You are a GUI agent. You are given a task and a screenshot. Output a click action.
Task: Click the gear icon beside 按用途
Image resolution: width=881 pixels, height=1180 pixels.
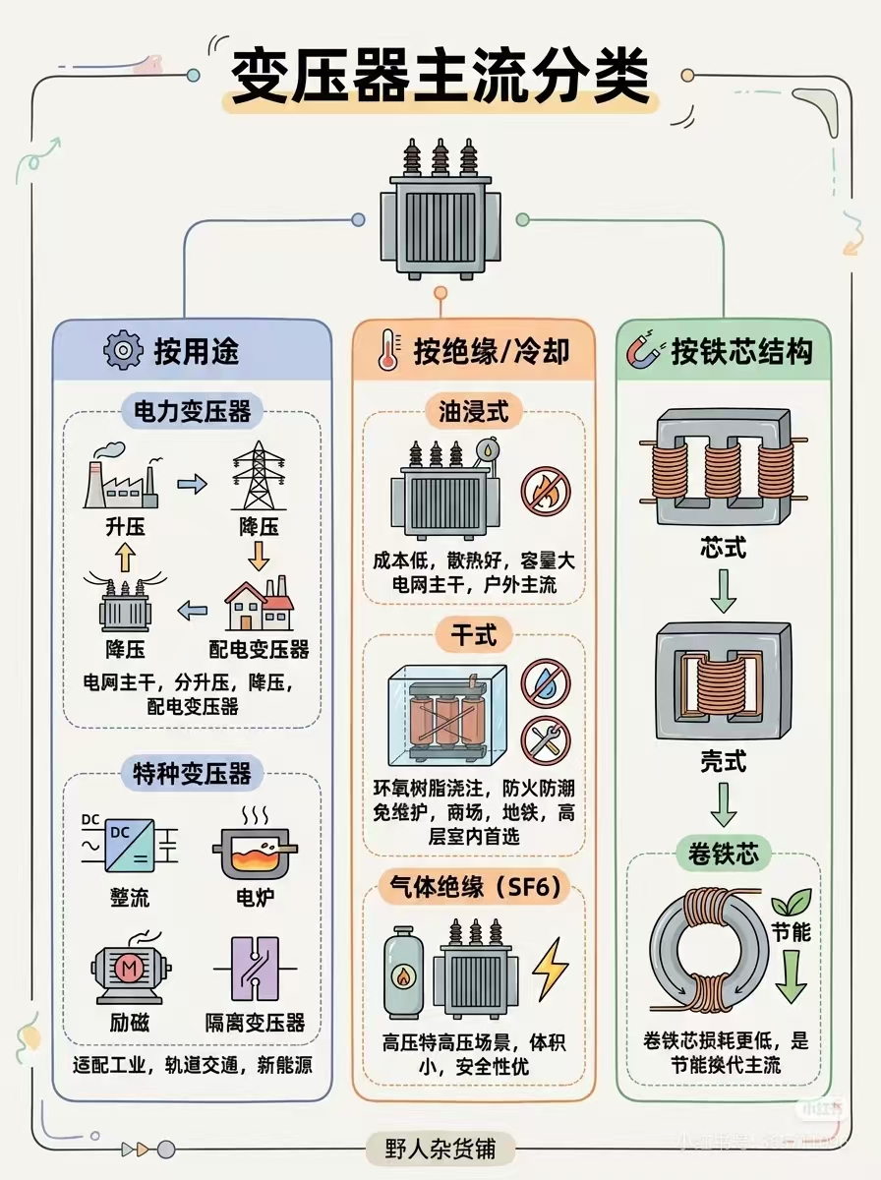123,350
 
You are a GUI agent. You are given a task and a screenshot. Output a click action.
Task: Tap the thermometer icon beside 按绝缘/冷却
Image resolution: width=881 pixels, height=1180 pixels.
386,352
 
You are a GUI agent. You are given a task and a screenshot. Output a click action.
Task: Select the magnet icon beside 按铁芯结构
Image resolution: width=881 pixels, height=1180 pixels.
646,351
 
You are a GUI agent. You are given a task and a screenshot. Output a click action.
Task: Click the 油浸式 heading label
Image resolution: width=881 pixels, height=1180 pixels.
473,412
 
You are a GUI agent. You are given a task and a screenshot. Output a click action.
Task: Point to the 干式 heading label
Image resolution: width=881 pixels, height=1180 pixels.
473,635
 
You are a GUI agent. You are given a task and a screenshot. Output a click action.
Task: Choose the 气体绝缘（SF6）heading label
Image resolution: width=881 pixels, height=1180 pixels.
474,888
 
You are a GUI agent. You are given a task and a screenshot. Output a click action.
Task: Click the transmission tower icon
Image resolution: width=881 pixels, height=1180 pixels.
257,477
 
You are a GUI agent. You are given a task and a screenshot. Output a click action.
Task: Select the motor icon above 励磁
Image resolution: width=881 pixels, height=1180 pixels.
129,970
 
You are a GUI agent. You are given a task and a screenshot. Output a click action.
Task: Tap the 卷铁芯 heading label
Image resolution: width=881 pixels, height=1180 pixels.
724,854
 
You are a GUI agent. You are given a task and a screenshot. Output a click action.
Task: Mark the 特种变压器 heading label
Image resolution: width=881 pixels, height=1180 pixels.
193,774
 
